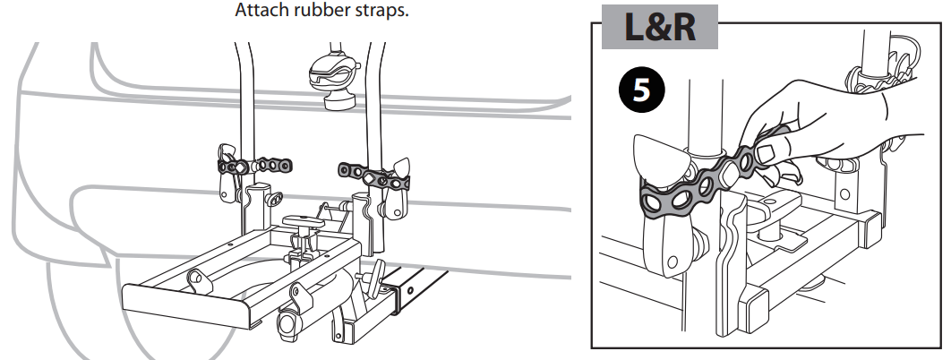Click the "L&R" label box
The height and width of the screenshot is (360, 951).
coord(659,27)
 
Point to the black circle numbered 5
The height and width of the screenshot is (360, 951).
coord(641,91)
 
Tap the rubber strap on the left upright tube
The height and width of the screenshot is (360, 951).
coord(254,166)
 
